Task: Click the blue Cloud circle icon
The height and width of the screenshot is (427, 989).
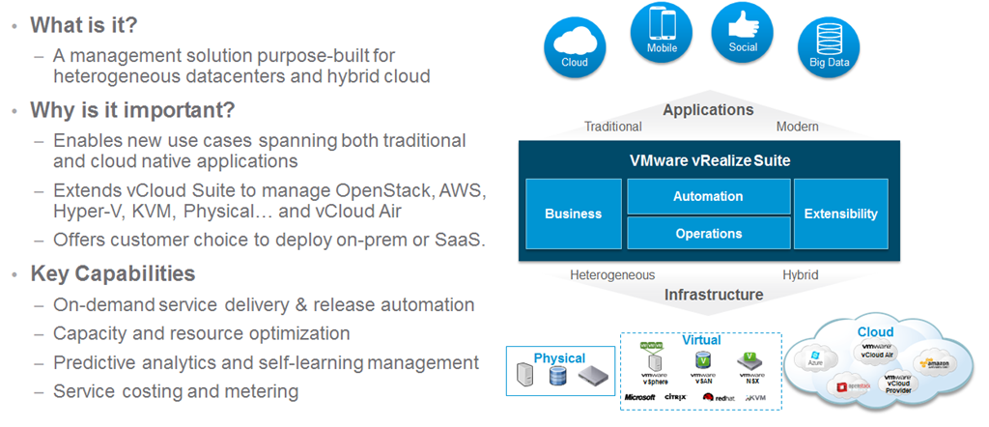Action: click(574, 47)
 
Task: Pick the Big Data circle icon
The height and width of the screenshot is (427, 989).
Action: click(828, 48)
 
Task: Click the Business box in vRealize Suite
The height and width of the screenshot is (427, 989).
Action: click(573, 213)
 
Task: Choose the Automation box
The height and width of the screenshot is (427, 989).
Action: click(708, 196)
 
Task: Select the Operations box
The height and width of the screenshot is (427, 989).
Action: click(708, 233)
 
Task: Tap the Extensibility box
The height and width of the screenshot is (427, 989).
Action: click(840, 213)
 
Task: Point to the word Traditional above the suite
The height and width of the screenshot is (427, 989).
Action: click(613, 127)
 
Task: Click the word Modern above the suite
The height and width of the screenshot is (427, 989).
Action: click(798, 127)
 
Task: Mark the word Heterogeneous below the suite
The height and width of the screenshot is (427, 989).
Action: click(612, 275)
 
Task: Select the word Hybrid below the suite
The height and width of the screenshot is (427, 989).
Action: click(800, 275)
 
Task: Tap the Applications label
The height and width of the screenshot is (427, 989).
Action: click(708, 110)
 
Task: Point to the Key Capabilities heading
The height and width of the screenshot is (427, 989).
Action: click(112, 272)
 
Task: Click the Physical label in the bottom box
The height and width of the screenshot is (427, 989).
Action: click(559, 358)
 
